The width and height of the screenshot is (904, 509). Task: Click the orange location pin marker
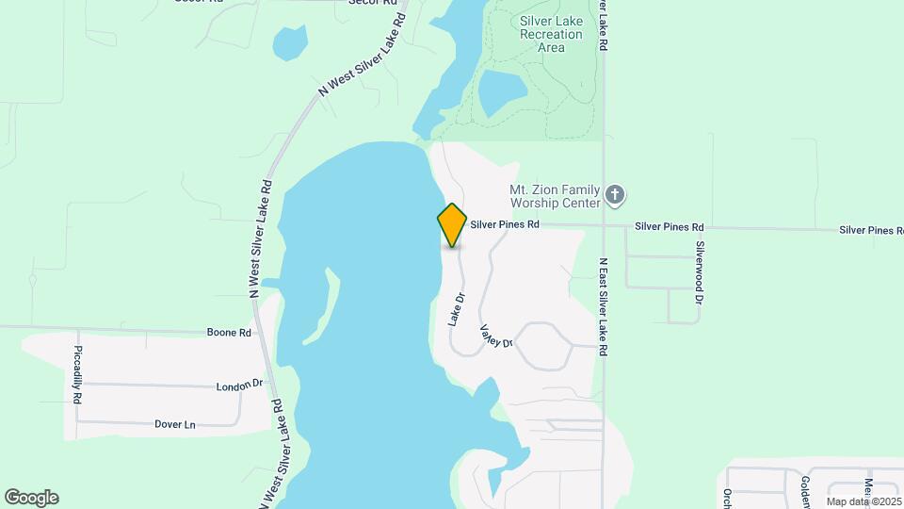(x=452, y=224)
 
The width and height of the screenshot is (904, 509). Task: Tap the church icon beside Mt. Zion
(x=615, y=195)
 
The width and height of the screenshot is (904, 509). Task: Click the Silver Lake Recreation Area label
(x=551, y=34)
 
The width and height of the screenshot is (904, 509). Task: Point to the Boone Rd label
(x=230, y=333)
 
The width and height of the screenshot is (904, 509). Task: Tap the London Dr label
(x=238, y=386)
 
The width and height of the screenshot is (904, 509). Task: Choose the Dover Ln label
(x=174, y=424)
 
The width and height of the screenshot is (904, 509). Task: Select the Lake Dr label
(x=457, y=311)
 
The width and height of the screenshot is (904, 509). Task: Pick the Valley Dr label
(x=495, y=337)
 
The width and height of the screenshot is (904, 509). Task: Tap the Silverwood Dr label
(x=700, y=272)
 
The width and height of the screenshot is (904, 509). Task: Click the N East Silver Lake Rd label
(x=603, y=307)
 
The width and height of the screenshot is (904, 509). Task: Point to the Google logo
(x=31, y=498)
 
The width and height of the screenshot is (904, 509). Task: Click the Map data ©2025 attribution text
(x=864, y=501)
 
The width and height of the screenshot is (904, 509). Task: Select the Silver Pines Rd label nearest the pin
(x=505, y=225)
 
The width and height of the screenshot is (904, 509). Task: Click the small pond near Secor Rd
(x=290, y=42)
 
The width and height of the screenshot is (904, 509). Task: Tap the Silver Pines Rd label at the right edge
(x=871, y=230)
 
